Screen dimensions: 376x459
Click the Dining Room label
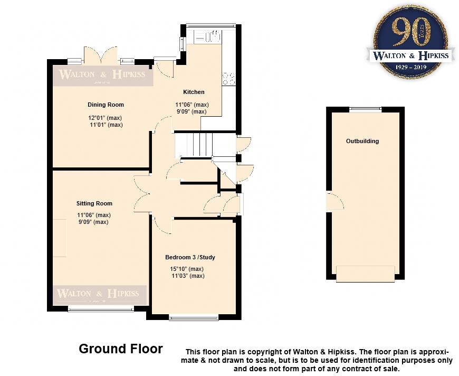(x=106, y=105)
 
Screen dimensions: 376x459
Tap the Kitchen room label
(x=193, y=92)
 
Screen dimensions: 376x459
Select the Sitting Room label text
(x=94, y=203)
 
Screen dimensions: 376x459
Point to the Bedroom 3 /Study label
(x=190, y=257)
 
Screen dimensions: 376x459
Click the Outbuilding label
(x=362, y=141)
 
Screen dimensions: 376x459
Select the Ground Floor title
(x=121, y=349)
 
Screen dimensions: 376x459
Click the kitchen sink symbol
(x=207, y=37)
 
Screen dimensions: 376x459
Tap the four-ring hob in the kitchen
(x=228, y=78)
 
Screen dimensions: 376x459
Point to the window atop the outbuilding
(x=366, y=109)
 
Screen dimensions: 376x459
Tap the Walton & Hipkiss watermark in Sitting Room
(x=98, y=294)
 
